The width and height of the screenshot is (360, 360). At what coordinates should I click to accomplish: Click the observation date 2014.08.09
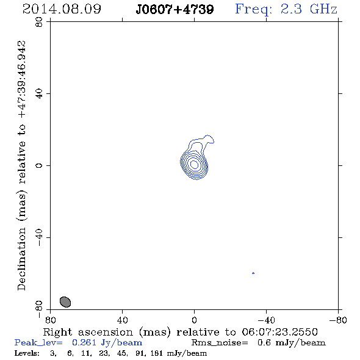coord(62,9)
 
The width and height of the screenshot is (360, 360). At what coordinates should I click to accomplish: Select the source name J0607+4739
coord(175,9)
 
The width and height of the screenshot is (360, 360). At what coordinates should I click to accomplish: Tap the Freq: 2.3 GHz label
coord(286,9)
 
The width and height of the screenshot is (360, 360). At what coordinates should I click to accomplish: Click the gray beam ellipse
coord(65,302)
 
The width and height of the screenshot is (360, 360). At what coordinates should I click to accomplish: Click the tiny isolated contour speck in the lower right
coord(253,273)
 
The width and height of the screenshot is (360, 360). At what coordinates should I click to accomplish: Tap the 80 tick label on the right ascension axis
coord(50,320)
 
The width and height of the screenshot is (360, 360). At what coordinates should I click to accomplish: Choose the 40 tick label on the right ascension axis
coord(122,320)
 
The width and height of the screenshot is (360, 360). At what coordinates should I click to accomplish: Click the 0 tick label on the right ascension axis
coord(194,320)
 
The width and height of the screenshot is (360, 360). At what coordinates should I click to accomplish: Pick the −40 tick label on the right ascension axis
coord(266,320)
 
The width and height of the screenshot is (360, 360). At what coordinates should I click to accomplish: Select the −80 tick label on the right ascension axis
coord(338,320)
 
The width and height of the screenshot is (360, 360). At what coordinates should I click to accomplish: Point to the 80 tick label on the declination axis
coord(39,22)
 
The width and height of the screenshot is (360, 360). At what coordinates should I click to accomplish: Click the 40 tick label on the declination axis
coord(39,94)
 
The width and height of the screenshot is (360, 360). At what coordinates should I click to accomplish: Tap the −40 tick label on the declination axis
coord(39,237)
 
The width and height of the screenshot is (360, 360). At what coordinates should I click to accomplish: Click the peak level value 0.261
coord(84,342)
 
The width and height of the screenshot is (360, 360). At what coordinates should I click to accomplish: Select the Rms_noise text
coord(220,343)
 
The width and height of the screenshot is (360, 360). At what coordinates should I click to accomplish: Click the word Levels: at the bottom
coord(27,353)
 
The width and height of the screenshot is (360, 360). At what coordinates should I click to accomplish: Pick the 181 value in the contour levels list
coord(156,353)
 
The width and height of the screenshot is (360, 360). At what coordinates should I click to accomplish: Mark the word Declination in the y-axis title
coord(21,259)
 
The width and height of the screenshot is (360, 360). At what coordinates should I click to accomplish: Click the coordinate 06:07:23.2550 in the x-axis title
coord(279,332)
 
